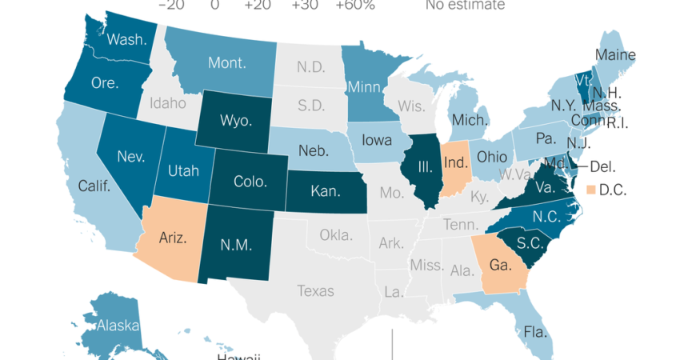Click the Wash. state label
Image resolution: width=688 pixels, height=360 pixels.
click(x=126, y=39)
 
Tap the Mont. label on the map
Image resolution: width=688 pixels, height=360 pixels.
click(x=227, y=62)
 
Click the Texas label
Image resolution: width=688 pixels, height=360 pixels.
click(x=315, y=290)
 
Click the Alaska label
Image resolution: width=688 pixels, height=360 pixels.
click(x=117, y=326)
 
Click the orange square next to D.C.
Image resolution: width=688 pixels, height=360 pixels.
click(x=592, y=190)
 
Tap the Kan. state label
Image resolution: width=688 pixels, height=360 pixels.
click(x=328, y=192)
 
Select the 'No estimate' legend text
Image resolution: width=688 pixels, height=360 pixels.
click(x=465, y=6)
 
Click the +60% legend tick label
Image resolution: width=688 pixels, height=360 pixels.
click(x=355, y=6)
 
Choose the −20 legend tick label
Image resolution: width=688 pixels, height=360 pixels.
click(x=172, y=6)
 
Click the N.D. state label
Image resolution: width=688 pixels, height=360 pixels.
click(x=310, y=67)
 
